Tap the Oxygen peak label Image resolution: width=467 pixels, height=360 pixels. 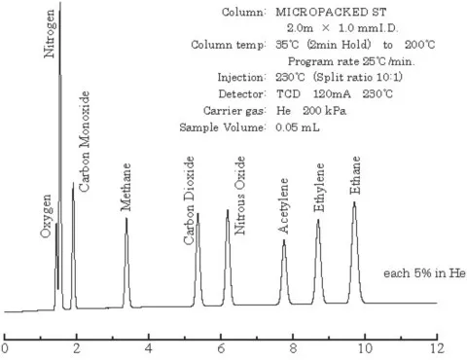pos(47,215)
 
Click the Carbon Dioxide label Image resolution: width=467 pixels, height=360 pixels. pos(191,184)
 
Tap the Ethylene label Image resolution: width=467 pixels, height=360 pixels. pos(320,189)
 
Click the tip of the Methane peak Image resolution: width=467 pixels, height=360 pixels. pos(126,218)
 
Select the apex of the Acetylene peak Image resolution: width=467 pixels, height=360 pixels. pos(284,239)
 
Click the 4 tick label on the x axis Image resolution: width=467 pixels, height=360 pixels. pos(149,346)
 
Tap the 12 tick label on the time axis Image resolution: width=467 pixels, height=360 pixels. pos(438,346)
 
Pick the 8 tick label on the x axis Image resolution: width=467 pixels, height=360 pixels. pos(294,346)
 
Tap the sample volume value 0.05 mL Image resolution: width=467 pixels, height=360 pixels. pos(272,127)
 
